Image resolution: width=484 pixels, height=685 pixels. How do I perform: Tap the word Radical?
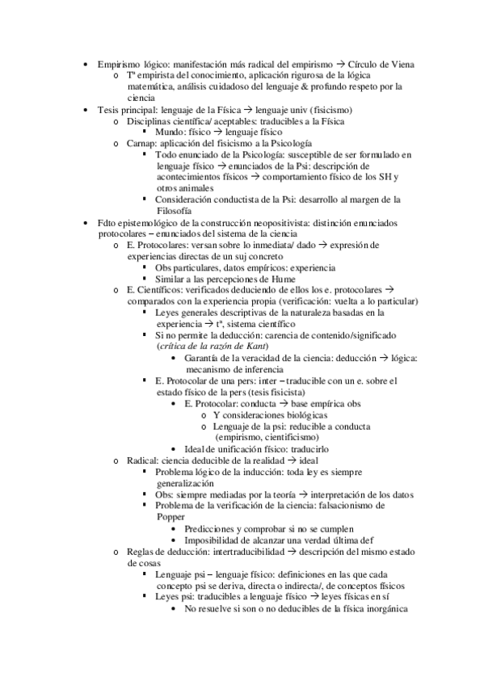(x=143, y=460)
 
